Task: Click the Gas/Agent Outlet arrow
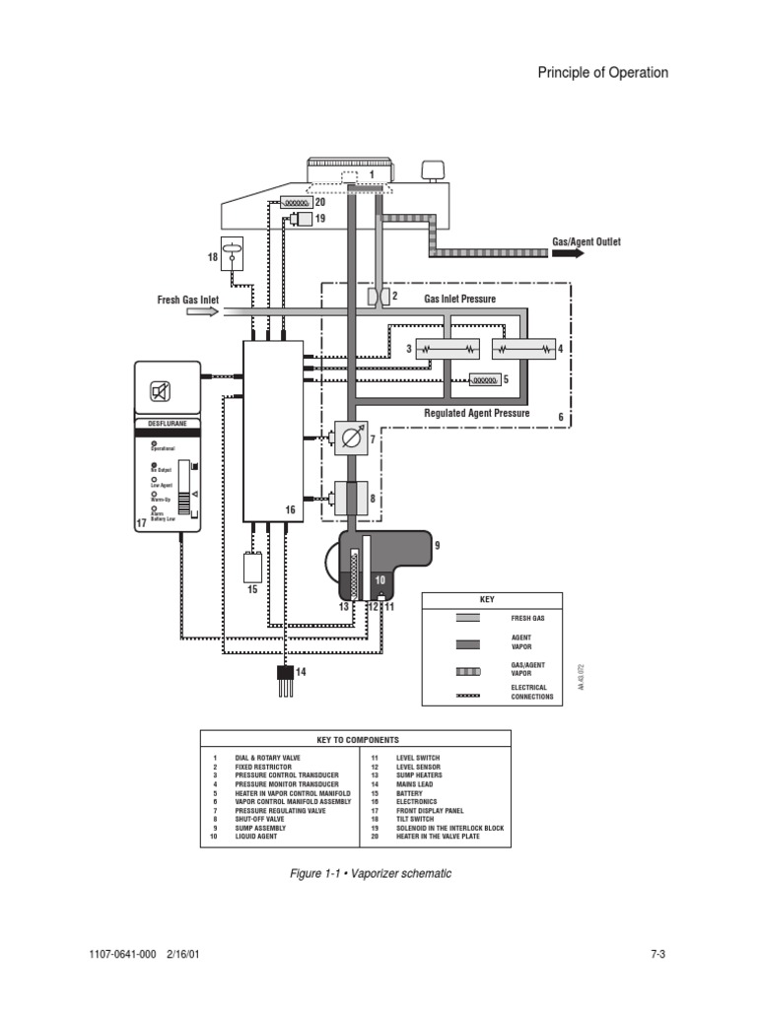click(568, 253)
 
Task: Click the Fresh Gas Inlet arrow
click(202, 311)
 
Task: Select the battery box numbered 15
click(252, 568)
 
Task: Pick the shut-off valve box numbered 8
click(351, 497)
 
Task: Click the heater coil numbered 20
click(293, 202)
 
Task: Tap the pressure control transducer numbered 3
click(447, 349)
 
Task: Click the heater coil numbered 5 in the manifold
click(483, 379)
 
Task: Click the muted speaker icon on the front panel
click(161, 392)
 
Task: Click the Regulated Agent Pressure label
click(476, 414)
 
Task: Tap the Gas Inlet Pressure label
click(460, 299)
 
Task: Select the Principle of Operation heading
click(602, 73)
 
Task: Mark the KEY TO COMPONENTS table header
click(356, 740)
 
